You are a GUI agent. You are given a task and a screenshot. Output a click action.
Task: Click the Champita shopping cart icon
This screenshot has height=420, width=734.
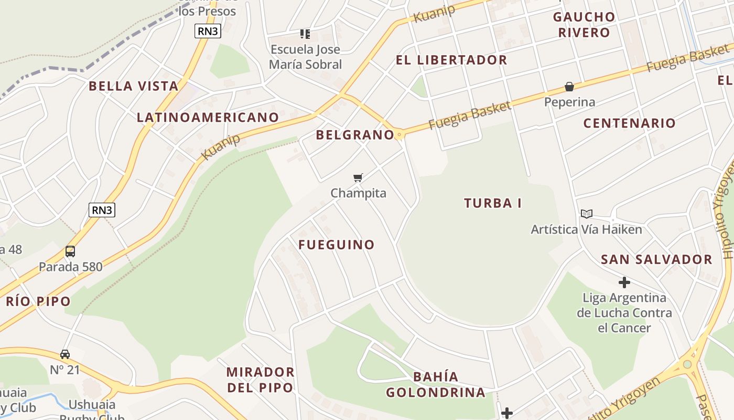[358, 177]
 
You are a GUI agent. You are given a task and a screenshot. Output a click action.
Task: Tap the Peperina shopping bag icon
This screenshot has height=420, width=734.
[569, 86]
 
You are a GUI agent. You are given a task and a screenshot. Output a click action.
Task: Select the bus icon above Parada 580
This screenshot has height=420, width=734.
[70, 251]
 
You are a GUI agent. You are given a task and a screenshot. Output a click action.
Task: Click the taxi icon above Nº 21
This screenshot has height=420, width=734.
[65, 354]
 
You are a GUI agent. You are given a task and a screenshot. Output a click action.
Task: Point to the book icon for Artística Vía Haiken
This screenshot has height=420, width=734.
[586, 214]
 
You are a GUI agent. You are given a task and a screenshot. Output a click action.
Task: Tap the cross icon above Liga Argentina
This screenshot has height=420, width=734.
[624, 282]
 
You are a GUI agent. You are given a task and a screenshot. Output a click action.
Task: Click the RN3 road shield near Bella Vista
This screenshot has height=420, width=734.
[208, 31]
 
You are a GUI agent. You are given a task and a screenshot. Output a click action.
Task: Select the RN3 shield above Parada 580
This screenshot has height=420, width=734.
[102, 210]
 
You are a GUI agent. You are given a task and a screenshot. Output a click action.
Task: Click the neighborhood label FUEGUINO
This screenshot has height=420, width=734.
[337, 245]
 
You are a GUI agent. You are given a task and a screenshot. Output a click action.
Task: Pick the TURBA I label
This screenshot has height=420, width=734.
[493, 203]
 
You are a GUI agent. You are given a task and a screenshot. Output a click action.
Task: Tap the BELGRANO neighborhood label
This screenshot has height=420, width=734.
[355, 135]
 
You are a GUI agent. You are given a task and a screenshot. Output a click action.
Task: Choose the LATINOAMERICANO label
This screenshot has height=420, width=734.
[208, 117]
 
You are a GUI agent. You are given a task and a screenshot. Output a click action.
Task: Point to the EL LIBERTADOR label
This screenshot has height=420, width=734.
[451, 60]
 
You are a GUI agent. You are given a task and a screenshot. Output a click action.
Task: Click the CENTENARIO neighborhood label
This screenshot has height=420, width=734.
[630, 123]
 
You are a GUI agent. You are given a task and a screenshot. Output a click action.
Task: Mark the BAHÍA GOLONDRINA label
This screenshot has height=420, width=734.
[436, 384]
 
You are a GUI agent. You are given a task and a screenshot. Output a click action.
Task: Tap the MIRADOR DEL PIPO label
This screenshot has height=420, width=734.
[260, 380]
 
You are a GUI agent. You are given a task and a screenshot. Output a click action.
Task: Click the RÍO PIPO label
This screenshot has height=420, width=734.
[38, 301]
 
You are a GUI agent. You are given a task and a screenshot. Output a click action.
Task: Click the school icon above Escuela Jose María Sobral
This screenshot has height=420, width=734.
[305, 34]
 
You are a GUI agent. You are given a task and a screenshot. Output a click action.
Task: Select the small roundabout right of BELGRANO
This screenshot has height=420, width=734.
[400, 135]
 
